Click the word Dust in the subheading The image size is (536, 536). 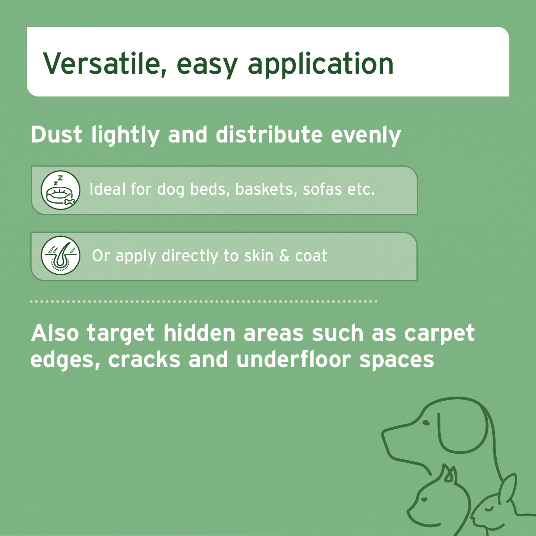[57, 134]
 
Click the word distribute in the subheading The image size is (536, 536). [269, 134]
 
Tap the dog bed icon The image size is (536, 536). [61, 190]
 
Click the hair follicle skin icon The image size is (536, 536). [61, 256]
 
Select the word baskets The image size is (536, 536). [264, 189]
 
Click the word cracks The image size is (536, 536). [144, 360]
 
